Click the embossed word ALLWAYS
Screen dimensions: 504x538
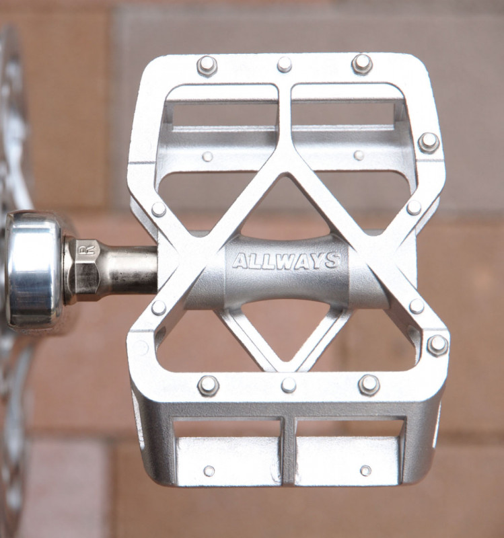point(286,261)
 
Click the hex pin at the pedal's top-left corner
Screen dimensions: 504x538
point(207,65)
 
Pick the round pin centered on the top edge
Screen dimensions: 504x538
point(284,65)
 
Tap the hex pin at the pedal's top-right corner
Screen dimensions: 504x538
point(362,64)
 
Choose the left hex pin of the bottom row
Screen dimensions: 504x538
point(209,385)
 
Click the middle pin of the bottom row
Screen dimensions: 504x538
point(289,385)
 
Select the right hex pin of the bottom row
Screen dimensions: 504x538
point(369,385)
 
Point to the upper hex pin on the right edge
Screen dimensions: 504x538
point(429,143)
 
